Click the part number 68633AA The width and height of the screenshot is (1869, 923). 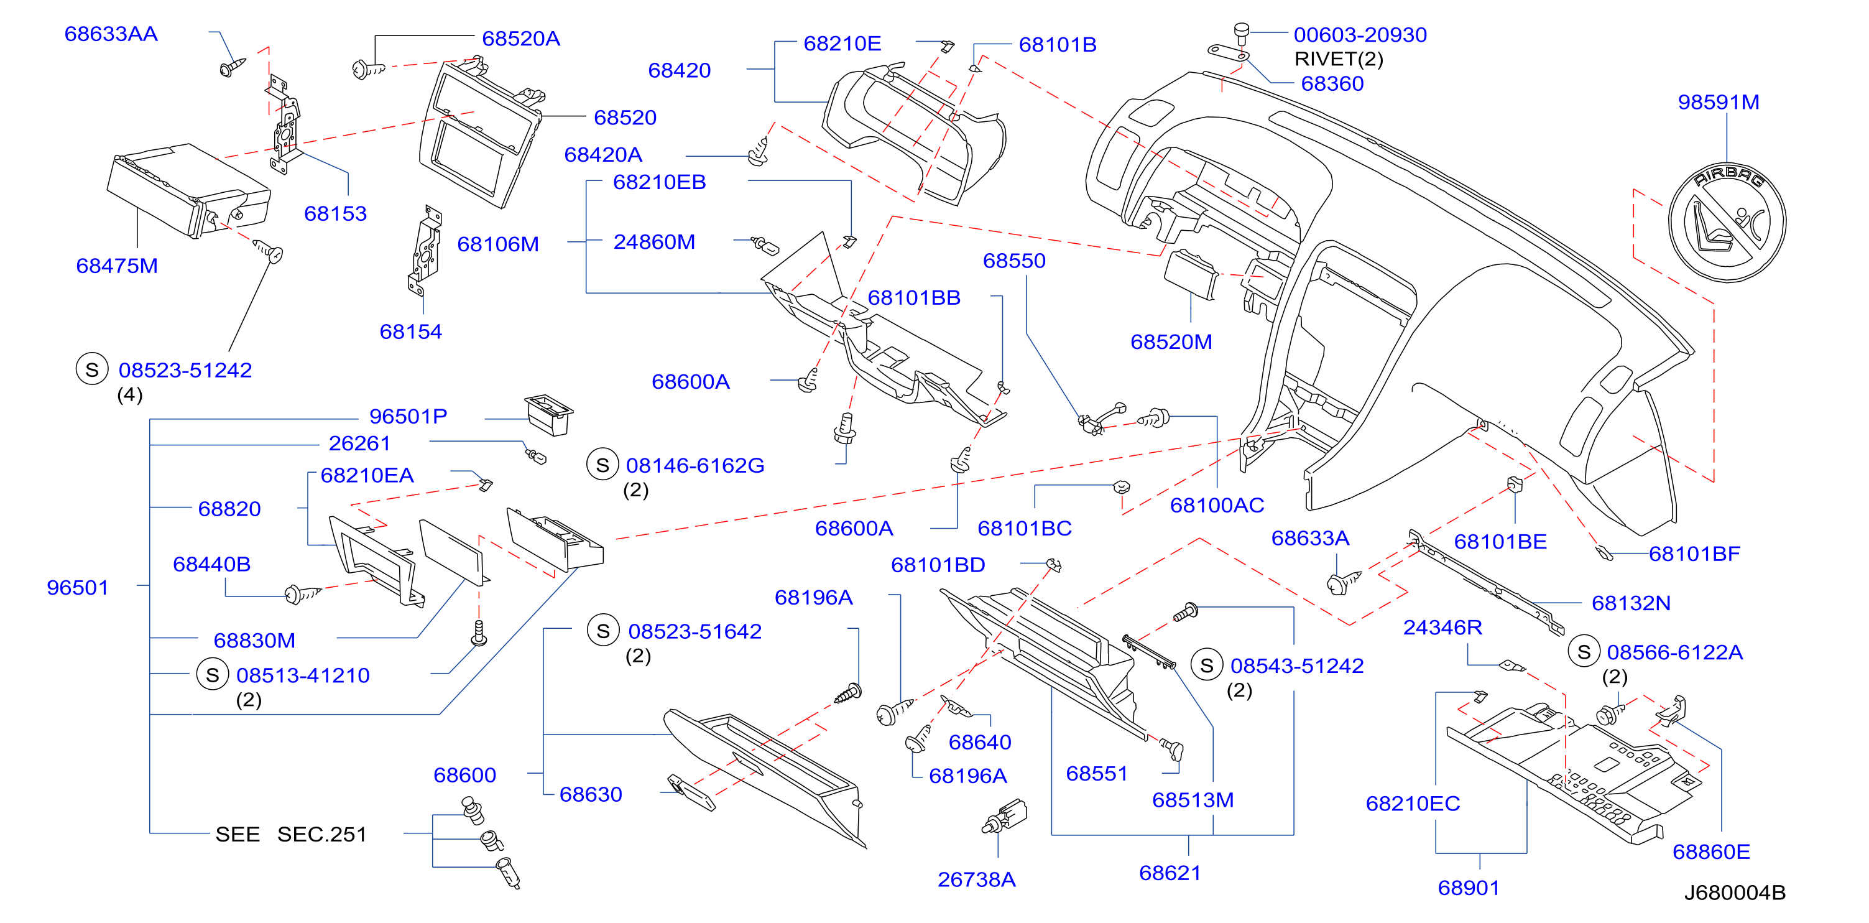point(111,34)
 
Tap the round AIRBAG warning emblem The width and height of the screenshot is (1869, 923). point(1726,222)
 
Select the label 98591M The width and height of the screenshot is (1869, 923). point(1718,102)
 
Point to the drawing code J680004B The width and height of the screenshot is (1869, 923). point(1734,893)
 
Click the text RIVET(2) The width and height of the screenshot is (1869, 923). point(1339,58)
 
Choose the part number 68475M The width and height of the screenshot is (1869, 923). point(117,266)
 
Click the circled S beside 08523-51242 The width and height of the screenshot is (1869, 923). point(92,369)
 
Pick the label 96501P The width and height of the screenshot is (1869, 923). point(408,417)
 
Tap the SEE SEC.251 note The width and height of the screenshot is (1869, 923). point(291,835)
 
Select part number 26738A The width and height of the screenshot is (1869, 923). point(977,879)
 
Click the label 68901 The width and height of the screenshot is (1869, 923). point(1469,888)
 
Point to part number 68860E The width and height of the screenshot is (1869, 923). point(1711,852)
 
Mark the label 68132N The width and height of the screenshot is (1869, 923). point(1631,603)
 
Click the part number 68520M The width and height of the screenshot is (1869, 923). point(1171,342)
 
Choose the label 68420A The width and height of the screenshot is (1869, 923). point(603,154)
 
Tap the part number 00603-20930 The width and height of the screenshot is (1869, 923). point(1360,35)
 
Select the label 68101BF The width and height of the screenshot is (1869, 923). point(1694,554)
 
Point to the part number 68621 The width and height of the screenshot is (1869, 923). point(1170,873)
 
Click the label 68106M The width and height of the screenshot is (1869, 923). point(498,244)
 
